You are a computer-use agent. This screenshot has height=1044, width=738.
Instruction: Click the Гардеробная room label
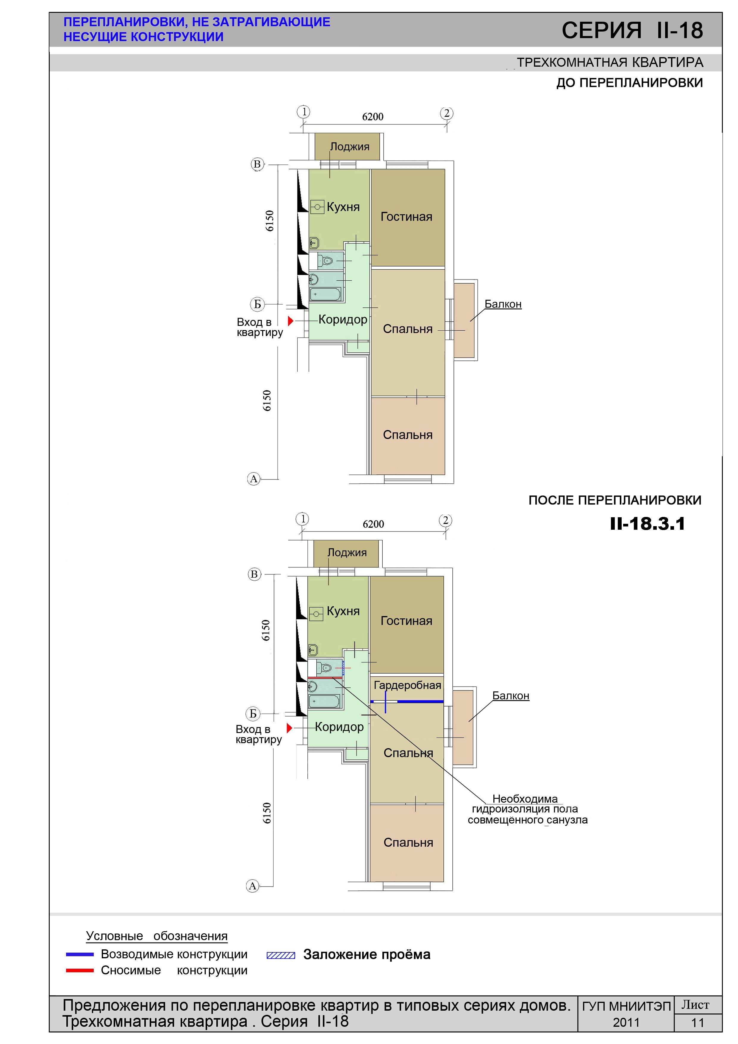(x=407, y=685)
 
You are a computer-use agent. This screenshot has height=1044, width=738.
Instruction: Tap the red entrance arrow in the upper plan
(x=290, y=321)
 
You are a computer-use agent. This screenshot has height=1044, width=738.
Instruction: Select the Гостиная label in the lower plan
(x=406, y=621)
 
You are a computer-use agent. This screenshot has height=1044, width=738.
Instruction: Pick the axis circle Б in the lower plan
(x=253, y=713)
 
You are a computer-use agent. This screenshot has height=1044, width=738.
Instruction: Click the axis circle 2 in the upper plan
(x=447, y=113)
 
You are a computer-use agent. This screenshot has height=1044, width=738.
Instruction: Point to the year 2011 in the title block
(x=626, y=1023)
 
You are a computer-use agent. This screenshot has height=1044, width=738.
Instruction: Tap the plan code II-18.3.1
(x=648, y=524)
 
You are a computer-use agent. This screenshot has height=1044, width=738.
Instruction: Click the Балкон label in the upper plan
(x=503, y=304)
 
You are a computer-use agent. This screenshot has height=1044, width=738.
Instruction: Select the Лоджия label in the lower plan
(x=347, y=552)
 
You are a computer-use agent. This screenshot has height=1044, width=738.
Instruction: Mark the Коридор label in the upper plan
(x=343, y=319)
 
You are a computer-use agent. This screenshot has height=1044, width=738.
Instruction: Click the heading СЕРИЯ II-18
(x=632, y=30)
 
